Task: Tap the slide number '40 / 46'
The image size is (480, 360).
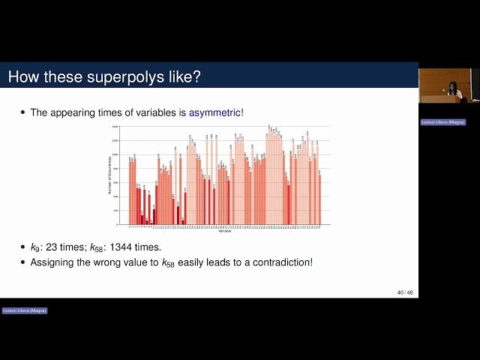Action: [x=404, y=292]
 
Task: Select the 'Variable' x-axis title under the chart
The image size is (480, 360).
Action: [x=225, y=231]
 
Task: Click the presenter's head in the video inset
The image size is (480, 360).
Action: [x=453, y=86]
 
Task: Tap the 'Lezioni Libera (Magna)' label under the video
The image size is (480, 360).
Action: [x=442, y=121]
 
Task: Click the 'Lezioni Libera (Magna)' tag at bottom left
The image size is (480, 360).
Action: [x=25, y=310]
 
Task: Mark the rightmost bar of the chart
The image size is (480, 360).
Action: [x=319, y=199]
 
